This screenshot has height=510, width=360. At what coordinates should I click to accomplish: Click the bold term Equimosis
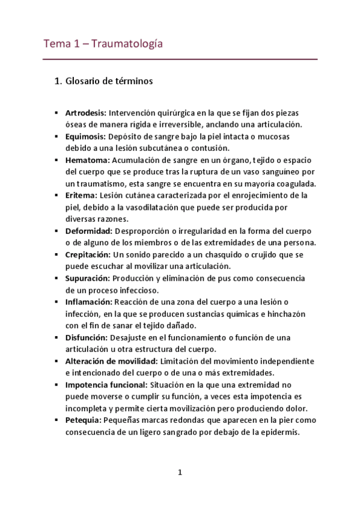(x=85, y=136)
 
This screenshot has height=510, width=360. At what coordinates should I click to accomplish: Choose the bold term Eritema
(x=81, y=195)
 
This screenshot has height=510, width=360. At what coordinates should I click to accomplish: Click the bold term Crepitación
(x=89, y=254)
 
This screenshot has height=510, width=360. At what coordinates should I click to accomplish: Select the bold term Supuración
(x=88, y=278)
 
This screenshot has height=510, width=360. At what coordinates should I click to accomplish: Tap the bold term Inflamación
(x=89, y=301)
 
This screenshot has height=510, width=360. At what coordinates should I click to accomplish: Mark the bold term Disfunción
(x=87, y=337)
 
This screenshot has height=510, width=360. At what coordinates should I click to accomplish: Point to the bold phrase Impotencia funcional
(x=106, y=384)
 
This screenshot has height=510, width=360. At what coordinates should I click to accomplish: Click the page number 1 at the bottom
(x=180, y=472)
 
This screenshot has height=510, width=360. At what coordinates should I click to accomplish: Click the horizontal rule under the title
(x=180, y=60)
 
